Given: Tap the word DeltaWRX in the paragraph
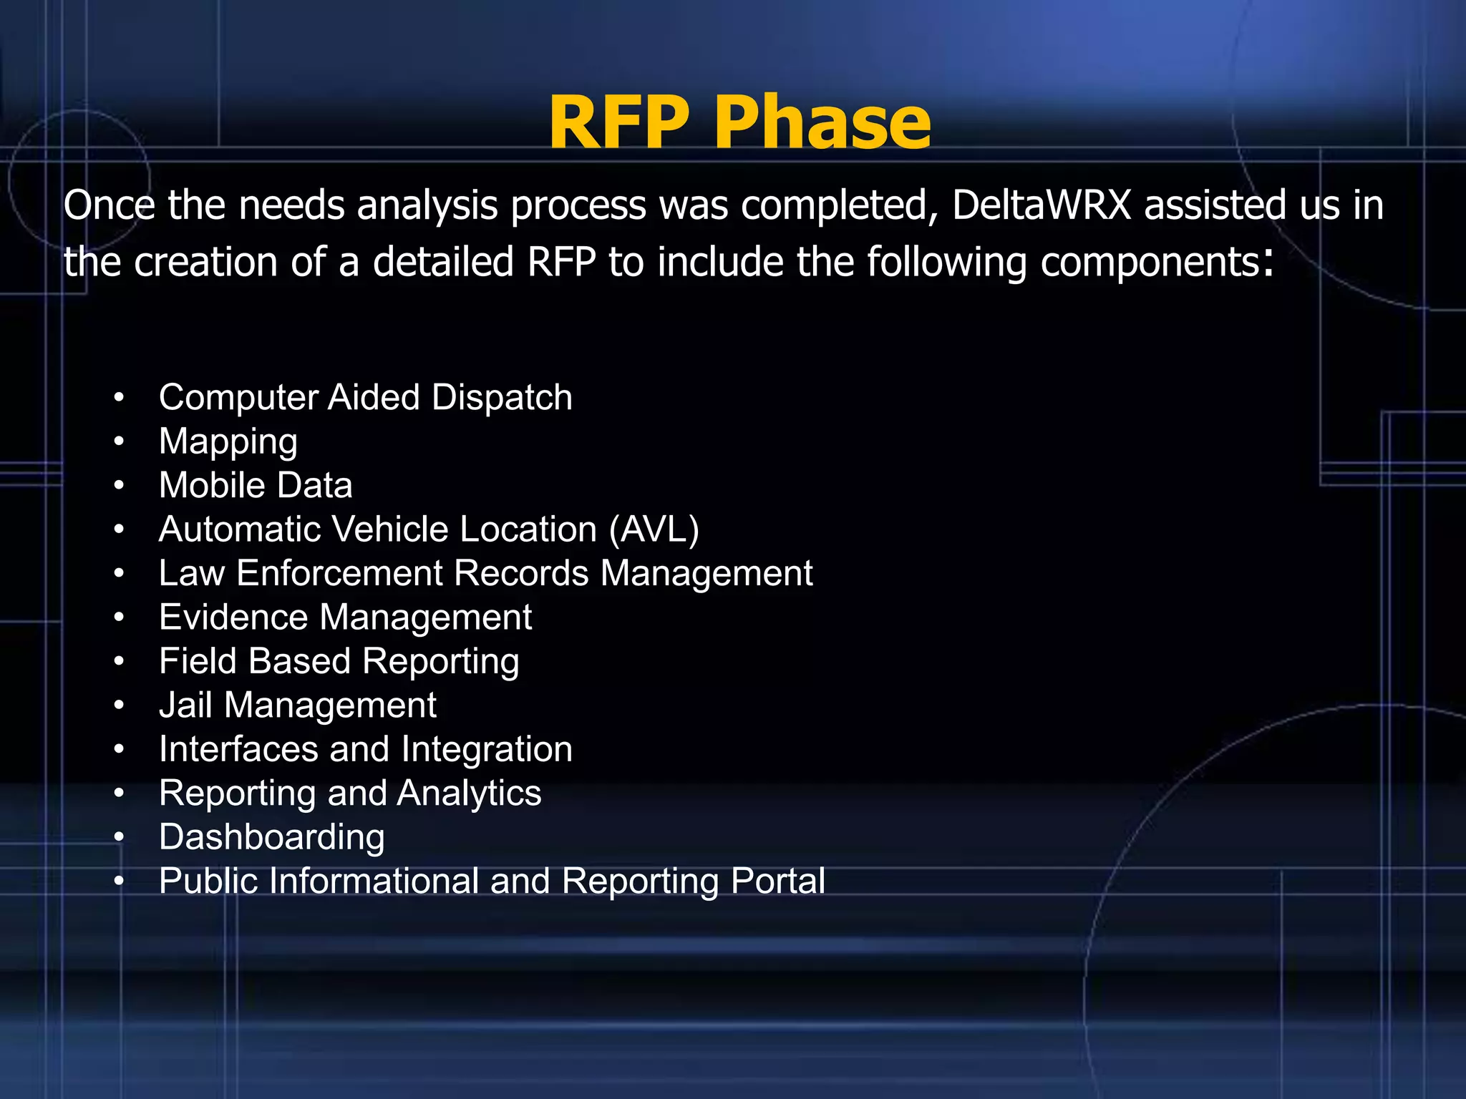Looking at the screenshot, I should tap(1042, 205).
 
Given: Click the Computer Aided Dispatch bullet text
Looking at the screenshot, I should tap(365, 398).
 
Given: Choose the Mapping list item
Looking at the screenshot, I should tap(228, 442).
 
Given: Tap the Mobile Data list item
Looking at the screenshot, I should tap(256, 486).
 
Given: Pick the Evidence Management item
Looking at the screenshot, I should tap(345, 617).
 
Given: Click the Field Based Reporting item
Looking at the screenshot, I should tap(339, 662).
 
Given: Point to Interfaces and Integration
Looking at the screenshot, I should tap(365, 750).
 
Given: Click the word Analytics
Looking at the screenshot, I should tap(469, 793).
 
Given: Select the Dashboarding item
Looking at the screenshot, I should tap(271, 838).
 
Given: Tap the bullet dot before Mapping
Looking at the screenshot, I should tap(119, 441).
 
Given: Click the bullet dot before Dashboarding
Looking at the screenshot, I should tap(119, 837).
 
